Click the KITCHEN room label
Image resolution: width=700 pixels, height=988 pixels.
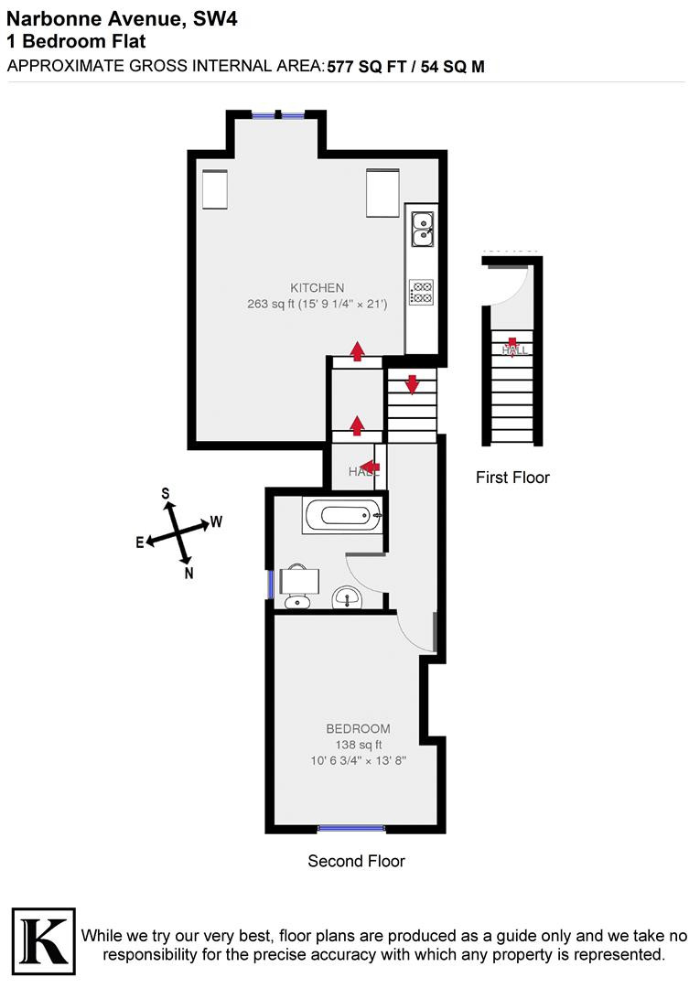coord(317,288)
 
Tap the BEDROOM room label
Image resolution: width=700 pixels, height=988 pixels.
coord(358,729)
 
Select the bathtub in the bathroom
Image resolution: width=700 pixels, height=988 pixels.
coord(343,515)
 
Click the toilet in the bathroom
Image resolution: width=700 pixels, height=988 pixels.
coord(298,587)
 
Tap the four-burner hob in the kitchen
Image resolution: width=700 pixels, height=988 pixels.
coord(421,292)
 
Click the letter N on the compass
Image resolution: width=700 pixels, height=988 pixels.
coord(189,573)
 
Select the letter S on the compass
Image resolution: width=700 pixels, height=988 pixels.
coord(166,493)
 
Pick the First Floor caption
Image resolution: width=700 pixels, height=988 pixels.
coord(512,478)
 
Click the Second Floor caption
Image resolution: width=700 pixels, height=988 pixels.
coord(356,862)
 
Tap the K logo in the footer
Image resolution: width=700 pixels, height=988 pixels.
coord(44,940)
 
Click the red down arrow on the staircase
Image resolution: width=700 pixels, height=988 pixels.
coord(412,384)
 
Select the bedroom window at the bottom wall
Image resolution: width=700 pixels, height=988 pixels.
coord(351,828)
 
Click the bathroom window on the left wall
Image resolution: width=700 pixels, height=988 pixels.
coord(271,584)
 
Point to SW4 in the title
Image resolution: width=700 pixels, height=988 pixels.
coord(215,19)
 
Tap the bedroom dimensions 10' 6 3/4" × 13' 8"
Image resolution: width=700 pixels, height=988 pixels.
coord(358,760)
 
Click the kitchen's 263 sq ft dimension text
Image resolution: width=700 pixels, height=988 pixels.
coord(317,304)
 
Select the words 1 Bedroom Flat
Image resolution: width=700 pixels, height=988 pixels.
coord(76,41)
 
